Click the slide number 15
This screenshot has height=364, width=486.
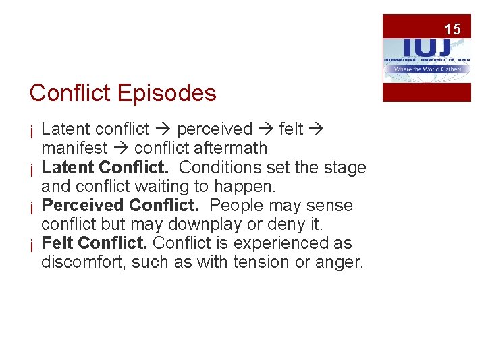[x=452, y=29]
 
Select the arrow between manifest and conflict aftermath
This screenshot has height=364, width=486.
[x=121, y=148]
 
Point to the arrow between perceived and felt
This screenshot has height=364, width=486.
[x=265, y=129]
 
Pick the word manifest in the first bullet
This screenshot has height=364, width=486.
[x=74, y=148]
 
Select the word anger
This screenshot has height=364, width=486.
[x=341, y=262]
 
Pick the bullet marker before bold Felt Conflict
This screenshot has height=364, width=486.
[x=32, y=244]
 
